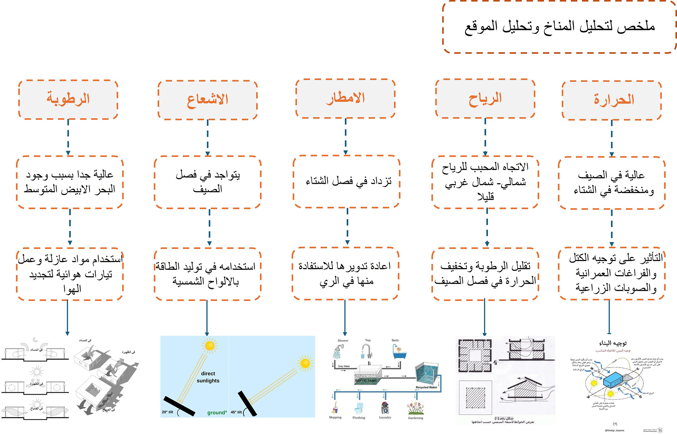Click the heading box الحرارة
(612, 100)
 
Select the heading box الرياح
(485, 98)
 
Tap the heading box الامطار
(346, 98)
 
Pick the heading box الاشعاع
(208, 100)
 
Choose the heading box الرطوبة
(68, 99)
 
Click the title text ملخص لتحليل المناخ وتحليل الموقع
(560, 26)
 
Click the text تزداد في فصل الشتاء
(348, 181)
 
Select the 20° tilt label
(167, 412)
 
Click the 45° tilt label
(236, 412)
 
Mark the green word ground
(217, 412)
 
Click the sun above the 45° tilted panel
(305, 363)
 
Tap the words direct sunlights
(208, 377)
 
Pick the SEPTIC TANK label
(366, 381)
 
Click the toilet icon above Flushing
(359, 408)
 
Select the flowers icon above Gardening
(415, 408)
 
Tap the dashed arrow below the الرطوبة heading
(68, 137)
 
